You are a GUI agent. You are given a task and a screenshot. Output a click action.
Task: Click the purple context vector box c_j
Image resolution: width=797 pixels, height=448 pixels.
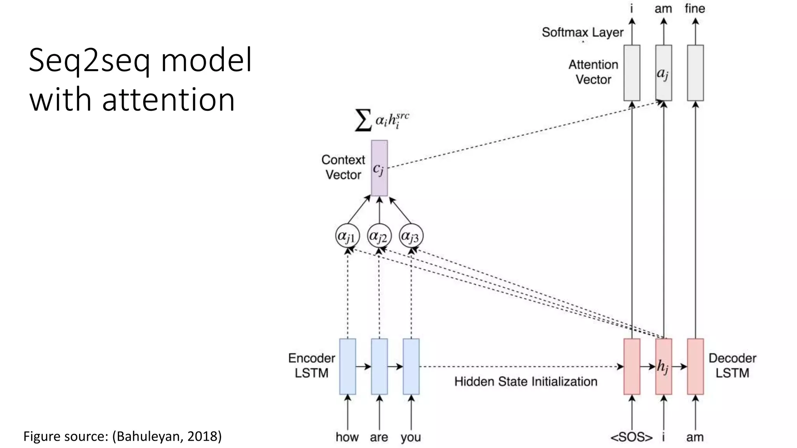379,168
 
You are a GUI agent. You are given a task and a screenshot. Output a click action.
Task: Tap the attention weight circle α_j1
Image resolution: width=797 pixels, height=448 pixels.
347,236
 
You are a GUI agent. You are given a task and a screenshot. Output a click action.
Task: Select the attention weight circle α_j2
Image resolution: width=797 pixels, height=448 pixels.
379,236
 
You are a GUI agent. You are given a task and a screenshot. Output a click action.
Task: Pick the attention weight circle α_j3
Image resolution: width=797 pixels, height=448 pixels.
411,236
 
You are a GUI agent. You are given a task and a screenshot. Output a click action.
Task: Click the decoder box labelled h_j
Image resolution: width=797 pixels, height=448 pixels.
664,366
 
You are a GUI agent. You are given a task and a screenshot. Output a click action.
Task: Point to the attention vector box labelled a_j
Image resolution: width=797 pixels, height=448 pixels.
664,73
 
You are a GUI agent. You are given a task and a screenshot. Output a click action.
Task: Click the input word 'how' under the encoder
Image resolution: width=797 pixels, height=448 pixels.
347,437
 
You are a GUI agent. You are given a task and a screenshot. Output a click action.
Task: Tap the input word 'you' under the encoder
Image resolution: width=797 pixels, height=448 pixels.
411,437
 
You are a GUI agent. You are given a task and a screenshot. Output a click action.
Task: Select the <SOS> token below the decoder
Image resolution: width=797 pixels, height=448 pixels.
631,437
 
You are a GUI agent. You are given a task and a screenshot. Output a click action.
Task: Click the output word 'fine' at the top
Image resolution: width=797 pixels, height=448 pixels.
695,9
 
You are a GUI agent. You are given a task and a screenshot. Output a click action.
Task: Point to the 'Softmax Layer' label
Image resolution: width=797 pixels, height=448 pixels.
583,32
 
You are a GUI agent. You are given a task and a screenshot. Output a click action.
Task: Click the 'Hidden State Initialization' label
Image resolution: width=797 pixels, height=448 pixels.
526,381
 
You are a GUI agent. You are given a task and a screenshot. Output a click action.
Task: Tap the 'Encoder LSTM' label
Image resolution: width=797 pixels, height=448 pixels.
311,366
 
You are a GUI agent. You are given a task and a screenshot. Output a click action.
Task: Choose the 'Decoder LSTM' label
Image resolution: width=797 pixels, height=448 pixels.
732,366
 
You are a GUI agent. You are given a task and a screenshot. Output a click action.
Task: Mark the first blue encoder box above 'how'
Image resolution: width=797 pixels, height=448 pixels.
347,366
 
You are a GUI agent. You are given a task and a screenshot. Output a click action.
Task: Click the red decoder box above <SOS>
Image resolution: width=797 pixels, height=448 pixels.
632,366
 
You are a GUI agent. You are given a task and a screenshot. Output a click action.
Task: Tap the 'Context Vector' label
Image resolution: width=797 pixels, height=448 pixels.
343,167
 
